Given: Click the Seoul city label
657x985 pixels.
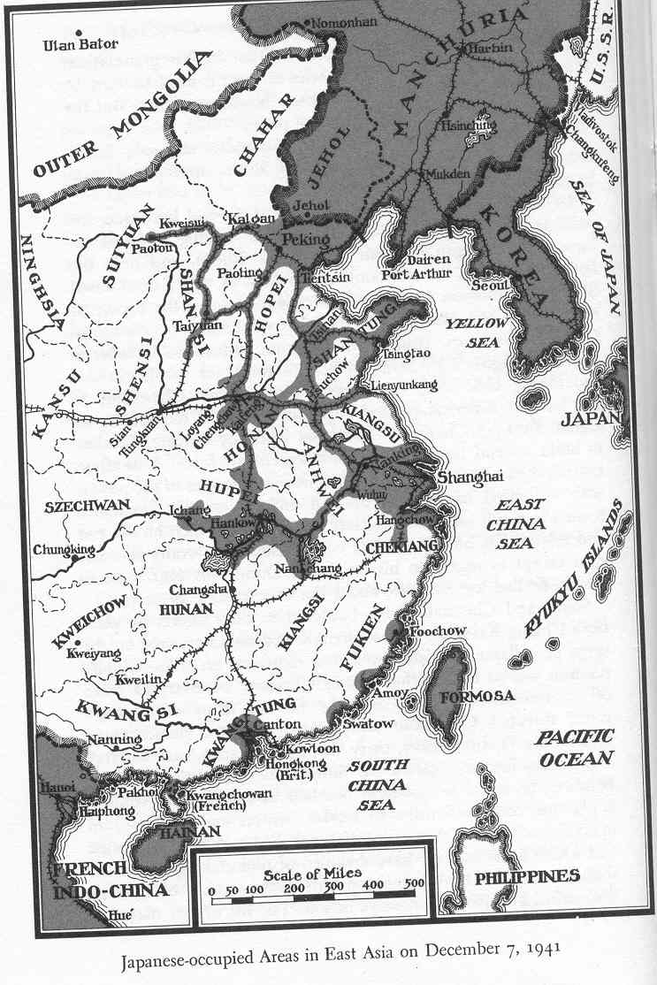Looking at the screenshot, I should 491,285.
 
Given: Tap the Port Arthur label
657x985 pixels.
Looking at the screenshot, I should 416,274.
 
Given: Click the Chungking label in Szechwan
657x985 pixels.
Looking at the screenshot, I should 64,550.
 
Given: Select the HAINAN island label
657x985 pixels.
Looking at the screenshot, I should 178,832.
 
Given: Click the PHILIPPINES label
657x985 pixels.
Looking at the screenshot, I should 527,877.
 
